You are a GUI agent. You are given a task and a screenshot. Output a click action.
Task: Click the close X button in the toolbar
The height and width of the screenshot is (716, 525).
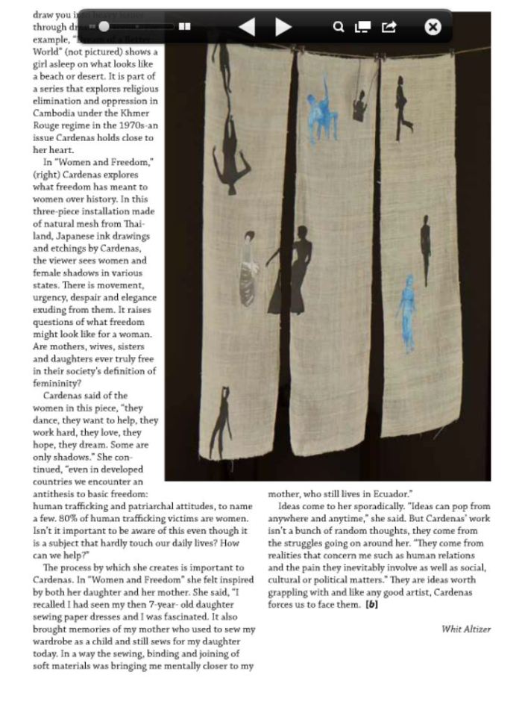(433, 28)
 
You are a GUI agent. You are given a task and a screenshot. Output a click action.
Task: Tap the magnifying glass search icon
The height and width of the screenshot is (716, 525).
(338, 28)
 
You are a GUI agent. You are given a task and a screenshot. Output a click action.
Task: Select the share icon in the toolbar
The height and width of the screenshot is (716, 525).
(389, 28)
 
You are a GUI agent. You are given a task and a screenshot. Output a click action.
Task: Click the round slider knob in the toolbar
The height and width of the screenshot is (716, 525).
(104, 27)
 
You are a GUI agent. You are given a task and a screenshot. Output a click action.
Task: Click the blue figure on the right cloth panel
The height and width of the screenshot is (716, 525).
(407, 312)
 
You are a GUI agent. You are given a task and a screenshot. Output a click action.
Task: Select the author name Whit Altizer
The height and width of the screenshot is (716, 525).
(466, 629)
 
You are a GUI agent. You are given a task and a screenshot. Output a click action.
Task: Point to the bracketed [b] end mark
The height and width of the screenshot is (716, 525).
(371, 604)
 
